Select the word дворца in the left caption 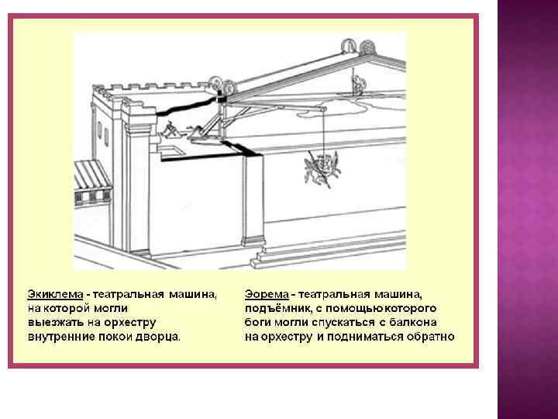point(159,337)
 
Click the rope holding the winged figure point(322,132)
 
